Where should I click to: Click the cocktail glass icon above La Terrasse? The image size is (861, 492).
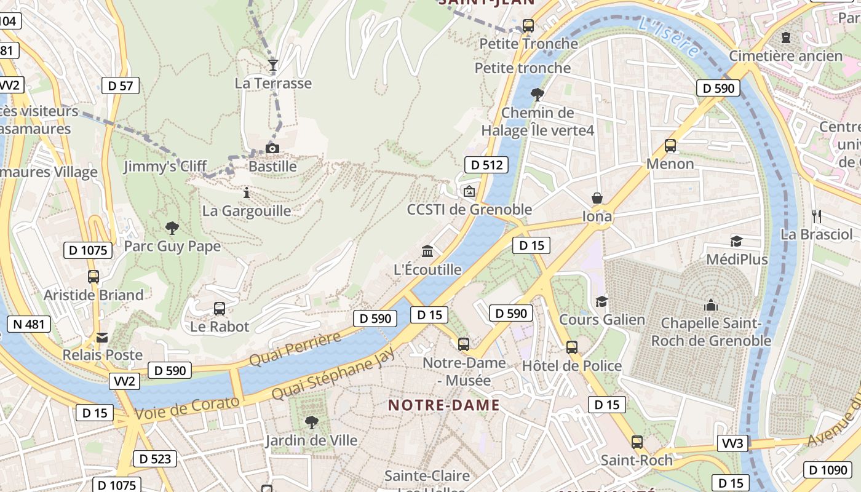273,65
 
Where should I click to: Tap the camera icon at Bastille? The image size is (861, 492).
272,148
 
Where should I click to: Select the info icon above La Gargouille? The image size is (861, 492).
247,192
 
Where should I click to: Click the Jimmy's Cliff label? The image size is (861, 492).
165,167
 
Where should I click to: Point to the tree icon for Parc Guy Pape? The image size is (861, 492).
172,228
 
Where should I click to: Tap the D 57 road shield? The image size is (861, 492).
121,85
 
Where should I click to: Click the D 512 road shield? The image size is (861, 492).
486,165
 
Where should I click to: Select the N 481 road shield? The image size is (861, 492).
28,324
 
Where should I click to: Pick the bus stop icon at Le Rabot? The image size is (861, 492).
220,308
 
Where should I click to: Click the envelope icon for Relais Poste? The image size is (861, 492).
102,337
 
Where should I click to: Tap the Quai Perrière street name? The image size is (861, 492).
295,349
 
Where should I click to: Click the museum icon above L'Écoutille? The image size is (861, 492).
427,251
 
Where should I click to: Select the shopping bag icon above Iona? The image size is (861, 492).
597,198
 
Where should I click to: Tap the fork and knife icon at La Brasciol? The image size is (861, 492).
817,216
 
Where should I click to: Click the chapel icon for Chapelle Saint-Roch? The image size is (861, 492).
711,305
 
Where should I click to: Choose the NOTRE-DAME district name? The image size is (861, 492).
443,405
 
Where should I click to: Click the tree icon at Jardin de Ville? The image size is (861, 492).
312,422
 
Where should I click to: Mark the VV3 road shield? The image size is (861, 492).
732,443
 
